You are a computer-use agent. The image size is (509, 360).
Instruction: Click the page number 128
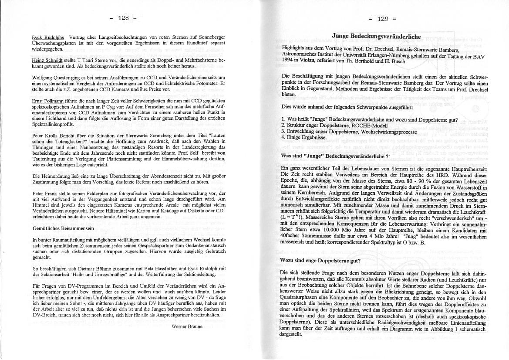[123, 18]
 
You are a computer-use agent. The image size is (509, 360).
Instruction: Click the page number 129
[383, 18]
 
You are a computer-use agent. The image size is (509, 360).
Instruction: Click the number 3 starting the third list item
[283, 131]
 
